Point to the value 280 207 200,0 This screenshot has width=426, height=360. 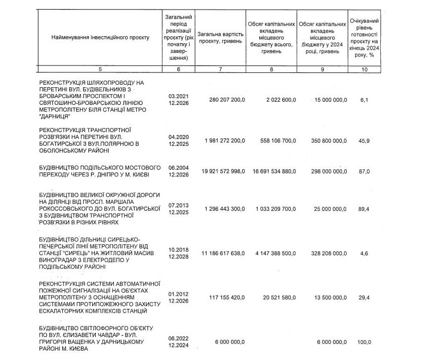click(x=224, y=100)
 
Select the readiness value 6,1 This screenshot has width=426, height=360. click(x=364, y=100)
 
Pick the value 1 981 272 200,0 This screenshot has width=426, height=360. click(x=224, y=140)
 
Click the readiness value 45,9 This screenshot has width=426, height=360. click(x=364, y=140)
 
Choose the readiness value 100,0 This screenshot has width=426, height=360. click(x=364, y=341)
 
